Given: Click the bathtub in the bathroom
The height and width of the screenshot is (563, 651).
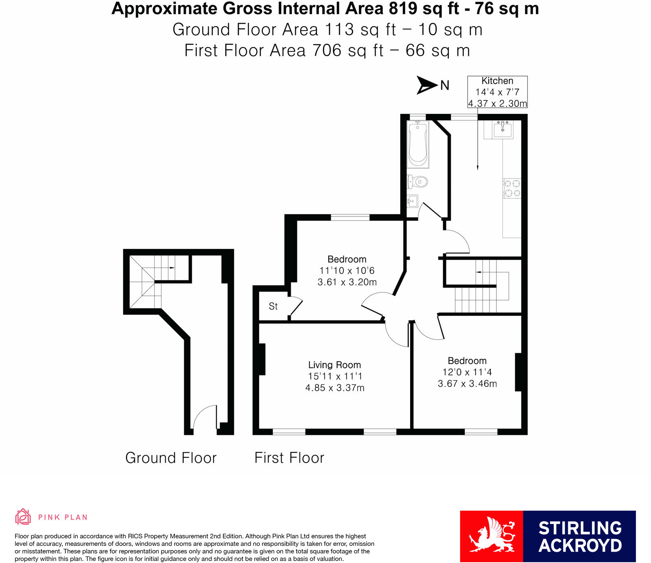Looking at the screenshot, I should coord(418,145).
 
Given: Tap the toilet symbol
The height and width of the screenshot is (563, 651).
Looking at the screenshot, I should coord(418,181).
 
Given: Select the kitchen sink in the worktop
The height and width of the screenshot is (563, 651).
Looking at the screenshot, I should coord(502,129).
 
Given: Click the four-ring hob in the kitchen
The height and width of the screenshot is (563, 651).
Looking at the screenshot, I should coord(512,188).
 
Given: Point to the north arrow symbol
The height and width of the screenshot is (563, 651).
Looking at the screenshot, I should coord(426,85).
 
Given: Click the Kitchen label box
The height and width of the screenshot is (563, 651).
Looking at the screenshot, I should coord(497,92).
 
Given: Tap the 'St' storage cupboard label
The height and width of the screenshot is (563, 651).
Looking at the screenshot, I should coord(273,306).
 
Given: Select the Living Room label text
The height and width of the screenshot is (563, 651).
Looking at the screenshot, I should coord(334,365).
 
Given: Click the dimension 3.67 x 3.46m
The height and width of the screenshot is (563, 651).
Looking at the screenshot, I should coord(467,384).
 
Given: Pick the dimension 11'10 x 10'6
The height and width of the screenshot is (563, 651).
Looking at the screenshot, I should coord(347,271).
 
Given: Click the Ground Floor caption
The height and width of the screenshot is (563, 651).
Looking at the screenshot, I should coord(171,458).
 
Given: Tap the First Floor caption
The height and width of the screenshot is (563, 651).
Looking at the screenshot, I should coord(289,458).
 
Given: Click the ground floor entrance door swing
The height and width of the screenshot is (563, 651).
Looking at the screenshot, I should coord(205,418).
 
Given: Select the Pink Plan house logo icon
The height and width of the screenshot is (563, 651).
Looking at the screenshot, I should coord(23,517).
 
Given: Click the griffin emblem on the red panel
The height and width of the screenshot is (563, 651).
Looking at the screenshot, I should coord(492,536).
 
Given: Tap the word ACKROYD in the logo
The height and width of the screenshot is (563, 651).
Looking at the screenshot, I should coord(580,546).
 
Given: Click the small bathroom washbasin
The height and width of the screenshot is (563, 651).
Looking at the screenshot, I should coord(412,201).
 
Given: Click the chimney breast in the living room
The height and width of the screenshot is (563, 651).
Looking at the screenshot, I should coord(262,359).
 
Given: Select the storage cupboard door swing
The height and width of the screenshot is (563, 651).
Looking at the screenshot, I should coord(296,307).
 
